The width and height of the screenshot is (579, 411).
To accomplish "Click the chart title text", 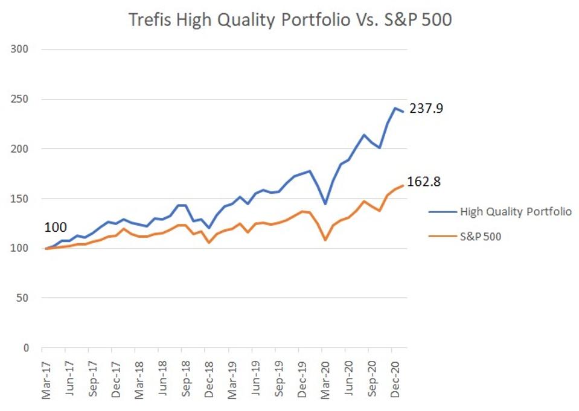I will [290, 19].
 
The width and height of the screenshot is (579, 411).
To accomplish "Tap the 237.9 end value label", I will [426, 109].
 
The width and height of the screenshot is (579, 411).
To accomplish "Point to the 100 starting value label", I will [55, 228].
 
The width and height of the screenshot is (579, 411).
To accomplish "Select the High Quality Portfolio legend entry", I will [516, 211].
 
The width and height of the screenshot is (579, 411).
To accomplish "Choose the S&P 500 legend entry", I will [480, 236].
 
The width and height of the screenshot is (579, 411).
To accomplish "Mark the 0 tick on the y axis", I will [26, 348].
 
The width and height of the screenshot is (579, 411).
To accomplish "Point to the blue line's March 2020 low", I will [325, 204].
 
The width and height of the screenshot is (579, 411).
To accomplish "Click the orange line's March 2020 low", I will [325, 240].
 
